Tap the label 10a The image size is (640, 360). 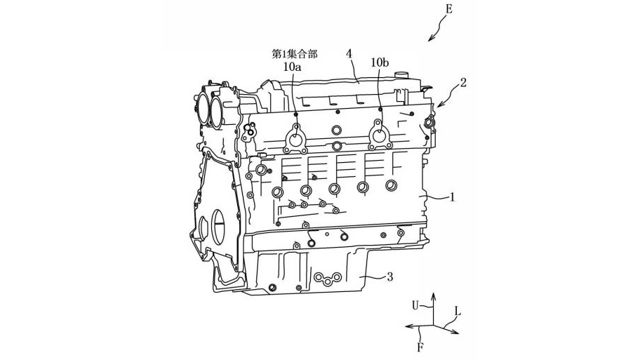tap(293, 67)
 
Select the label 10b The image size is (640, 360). tap(380, 62)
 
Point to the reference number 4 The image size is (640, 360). tap(348, 53)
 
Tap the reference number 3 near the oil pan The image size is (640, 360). tap(389, 276)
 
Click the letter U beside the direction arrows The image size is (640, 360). tap(415, 305)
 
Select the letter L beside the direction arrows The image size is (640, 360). tap(458, 310)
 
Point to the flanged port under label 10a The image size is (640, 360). tap(295, 139)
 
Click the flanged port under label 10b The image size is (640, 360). tap(380, 135)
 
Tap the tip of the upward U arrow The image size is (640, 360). tap(432, 296)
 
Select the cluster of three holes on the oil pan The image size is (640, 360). tap(326, 279)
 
